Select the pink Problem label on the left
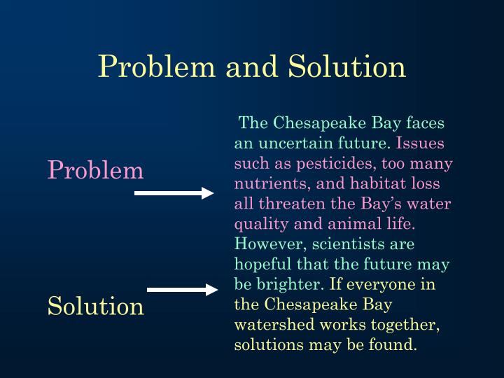click(95, 170)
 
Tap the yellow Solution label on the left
click(95, 306)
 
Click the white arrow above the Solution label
click(183, 289)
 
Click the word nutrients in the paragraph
click(265, 184)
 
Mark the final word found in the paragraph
click(395, 346)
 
